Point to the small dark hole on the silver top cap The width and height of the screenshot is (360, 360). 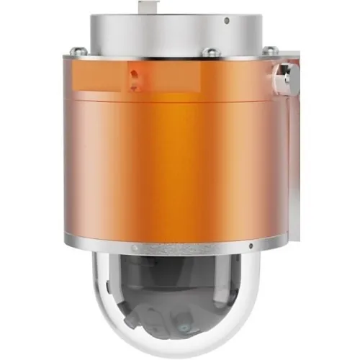tap(226, 22)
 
